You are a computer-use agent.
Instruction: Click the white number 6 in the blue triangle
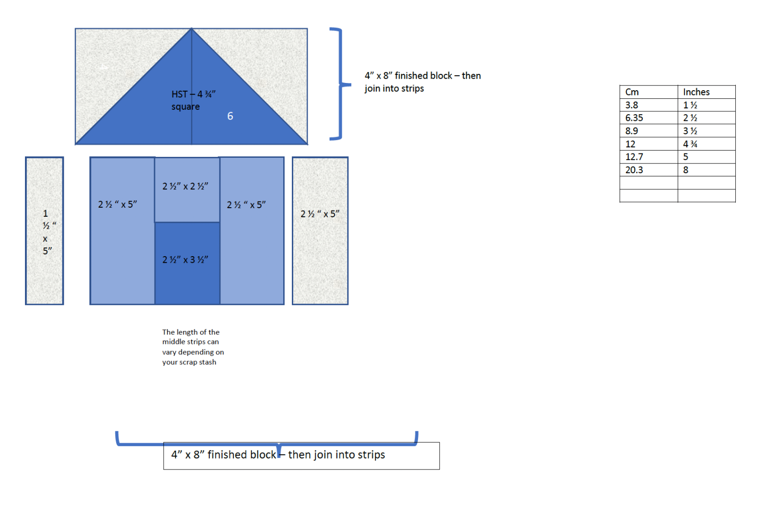coord(230,116)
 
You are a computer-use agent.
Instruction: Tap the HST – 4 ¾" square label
coord(193,100)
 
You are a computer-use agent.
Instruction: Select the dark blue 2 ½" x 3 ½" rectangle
coord(187,263)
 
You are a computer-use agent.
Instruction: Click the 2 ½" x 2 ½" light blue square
coord(187,190)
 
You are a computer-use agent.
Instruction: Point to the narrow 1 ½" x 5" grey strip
coord(45,231)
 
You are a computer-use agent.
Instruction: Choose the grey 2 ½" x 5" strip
coord(320,231)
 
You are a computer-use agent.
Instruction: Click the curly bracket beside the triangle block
coord(341,83)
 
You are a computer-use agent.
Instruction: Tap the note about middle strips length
coord(193,347)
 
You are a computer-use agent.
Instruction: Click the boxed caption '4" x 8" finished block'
coord(301,456)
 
